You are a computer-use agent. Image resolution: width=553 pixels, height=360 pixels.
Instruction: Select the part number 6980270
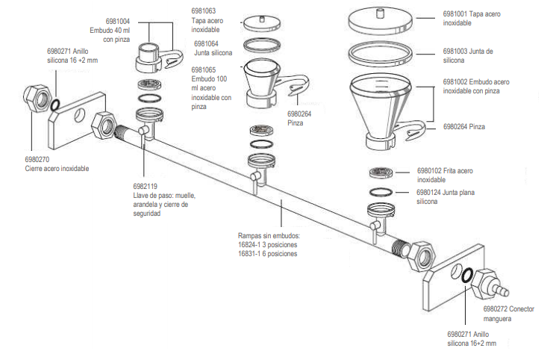pos(37,159)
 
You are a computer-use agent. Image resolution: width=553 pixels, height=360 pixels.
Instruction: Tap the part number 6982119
pos(146,186)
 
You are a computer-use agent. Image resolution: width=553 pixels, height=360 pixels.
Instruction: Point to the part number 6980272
pos(496,308)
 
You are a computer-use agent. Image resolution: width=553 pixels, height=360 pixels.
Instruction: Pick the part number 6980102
pos(431,170)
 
